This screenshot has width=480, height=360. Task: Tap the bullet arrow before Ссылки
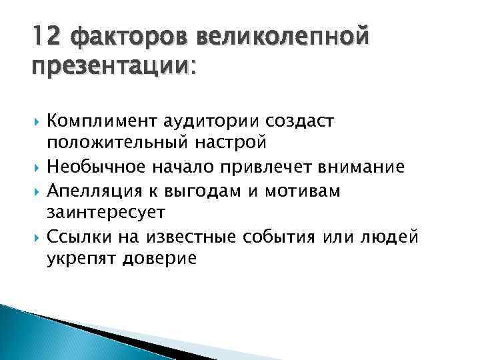(x=33, y=236)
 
